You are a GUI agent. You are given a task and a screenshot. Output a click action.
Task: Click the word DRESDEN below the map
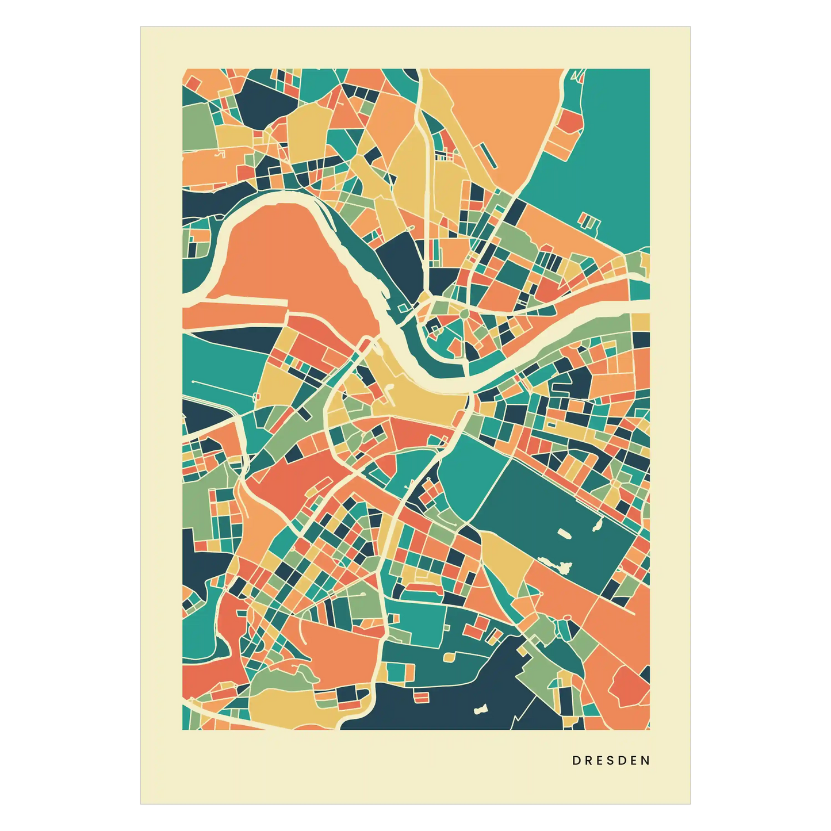tap(611, 760)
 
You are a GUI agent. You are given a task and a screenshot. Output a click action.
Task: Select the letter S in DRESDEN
tap(611, 760)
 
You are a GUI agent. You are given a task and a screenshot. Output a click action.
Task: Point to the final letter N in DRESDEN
tap(646, 760)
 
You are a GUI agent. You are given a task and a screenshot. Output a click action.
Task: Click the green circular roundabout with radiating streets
tap(464, 313)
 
